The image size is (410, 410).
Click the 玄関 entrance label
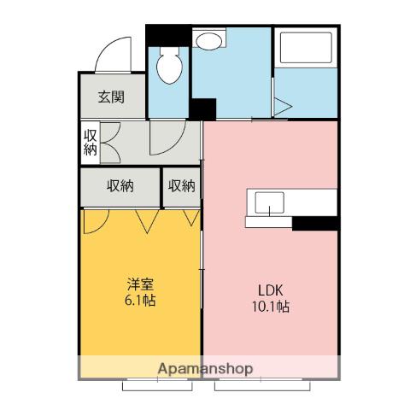111,97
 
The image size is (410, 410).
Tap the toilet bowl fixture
169,66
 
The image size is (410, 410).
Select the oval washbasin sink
209,42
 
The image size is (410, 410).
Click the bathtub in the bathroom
306,48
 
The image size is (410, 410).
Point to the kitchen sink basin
269,202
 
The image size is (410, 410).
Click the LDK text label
271,290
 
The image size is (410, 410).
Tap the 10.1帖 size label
271,307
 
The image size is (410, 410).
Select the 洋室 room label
140,284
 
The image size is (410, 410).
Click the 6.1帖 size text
140,300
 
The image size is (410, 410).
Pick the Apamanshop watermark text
205,369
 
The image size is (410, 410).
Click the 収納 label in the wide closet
120,186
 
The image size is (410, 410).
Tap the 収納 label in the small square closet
182,186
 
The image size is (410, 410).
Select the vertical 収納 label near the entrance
91,143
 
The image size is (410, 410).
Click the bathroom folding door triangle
283,107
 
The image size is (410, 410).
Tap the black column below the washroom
202,109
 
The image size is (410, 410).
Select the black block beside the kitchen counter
315,223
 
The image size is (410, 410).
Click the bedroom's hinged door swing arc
100,226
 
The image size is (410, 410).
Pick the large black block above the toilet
168,35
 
